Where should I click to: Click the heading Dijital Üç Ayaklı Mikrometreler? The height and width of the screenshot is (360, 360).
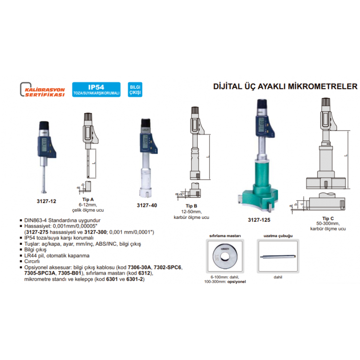click(285, 87)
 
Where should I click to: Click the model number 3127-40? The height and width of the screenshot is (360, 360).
click(147, 205)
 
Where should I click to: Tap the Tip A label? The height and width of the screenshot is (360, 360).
click(88, 199)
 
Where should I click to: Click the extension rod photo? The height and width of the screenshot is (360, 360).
click(277, 257)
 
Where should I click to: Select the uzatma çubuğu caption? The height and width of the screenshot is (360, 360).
click(278, 236)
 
